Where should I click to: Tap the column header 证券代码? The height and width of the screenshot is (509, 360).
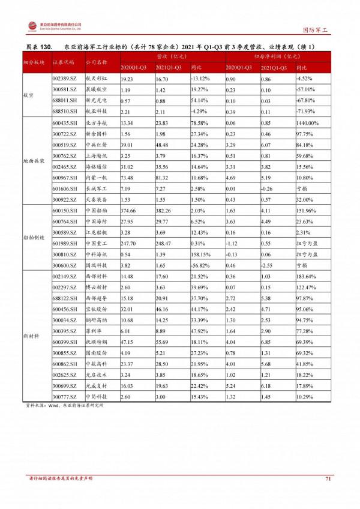click(64, 62)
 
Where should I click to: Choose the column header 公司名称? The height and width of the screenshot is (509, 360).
click(96, 62)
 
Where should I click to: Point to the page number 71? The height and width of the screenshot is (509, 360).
click(329, 478)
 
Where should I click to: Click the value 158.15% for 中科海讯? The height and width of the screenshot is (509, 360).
click(202, 254)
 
